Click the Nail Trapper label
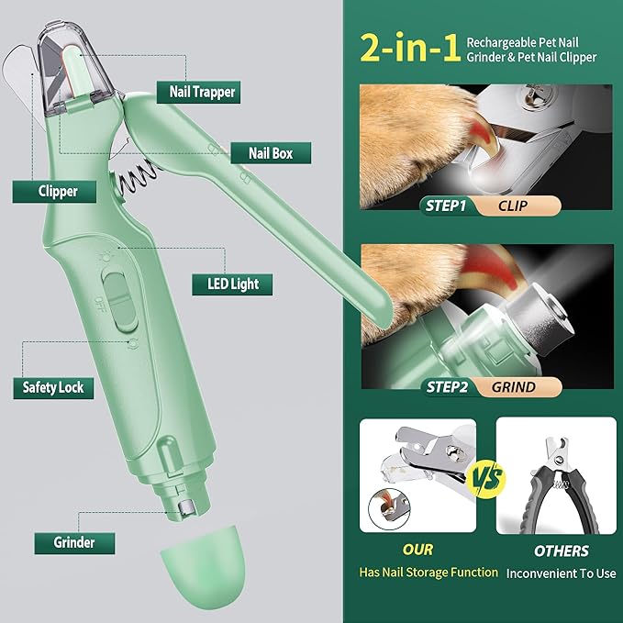coord(202,91)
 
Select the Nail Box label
coord(270,153)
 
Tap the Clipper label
coord(58,191)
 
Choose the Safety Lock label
coord(52,387)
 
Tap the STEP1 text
coord(446,206)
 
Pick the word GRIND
coord(513,386)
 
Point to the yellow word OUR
coord(417,551)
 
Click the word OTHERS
coord(561,551)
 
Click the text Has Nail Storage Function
coord(428,573)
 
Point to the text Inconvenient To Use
coord(561,573)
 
